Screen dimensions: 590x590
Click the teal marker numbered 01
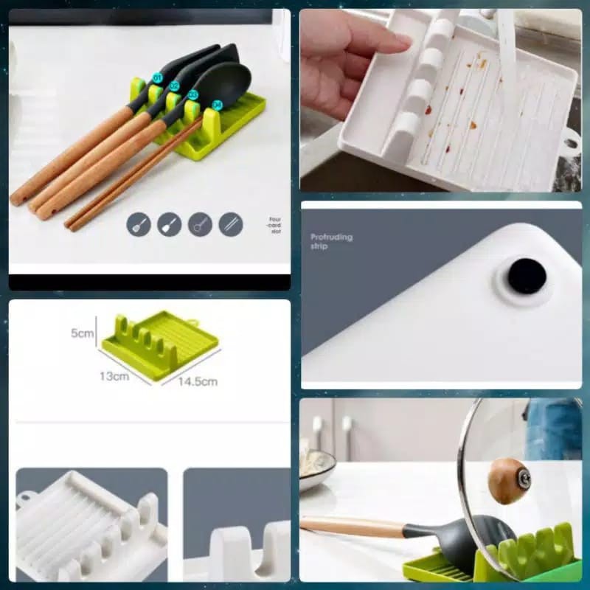click(157, 77)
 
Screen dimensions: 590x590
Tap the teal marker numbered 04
click(217, 105)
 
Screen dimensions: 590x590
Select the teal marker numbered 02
click(174, 86)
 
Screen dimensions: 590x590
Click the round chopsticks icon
click(231, 224)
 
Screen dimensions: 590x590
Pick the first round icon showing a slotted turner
click(139, 224)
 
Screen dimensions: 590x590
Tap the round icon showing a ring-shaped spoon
click(200, 224)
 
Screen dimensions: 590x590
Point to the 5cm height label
click(82, 333)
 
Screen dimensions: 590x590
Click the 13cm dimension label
click(114, 375)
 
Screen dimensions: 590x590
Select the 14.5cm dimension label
click(197, 381)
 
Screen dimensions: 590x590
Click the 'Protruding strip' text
click(331, 241)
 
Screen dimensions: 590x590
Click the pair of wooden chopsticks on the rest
click(133, 177)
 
